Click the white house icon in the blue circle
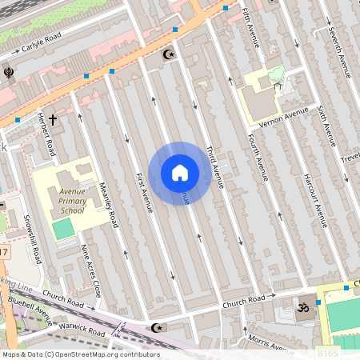pyautogui.click(x=180, y=173)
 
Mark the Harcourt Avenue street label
pyautogui.click(x=312, y=199)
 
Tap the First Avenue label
pyautogui.click(x=144, y=192)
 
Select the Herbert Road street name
pyautogui.click(x=46, y=134)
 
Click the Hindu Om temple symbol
pyautogui.click(x=303, y=306)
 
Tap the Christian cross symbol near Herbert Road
pyautogui.click(x=53, y=120)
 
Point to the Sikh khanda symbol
pyautogui.click(x=8, y=70)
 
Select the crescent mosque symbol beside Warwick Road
pyautogui.click(x=156, y=327)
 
